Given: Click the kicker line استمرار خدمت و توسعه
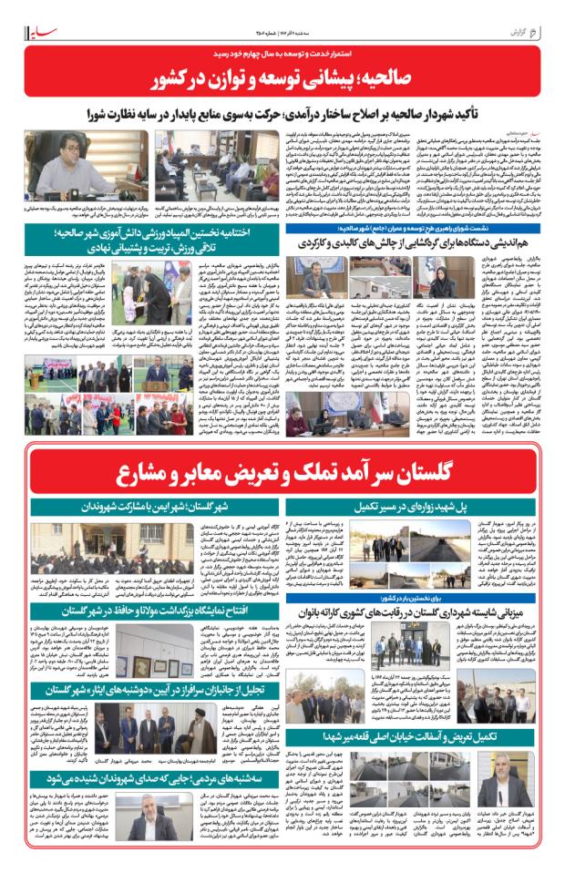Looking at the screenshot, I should pyautogui.click(x=282, y=56).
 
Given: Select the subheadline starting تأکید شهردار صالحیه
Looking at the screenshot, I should pyautogui.click(x=282, y=117).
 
